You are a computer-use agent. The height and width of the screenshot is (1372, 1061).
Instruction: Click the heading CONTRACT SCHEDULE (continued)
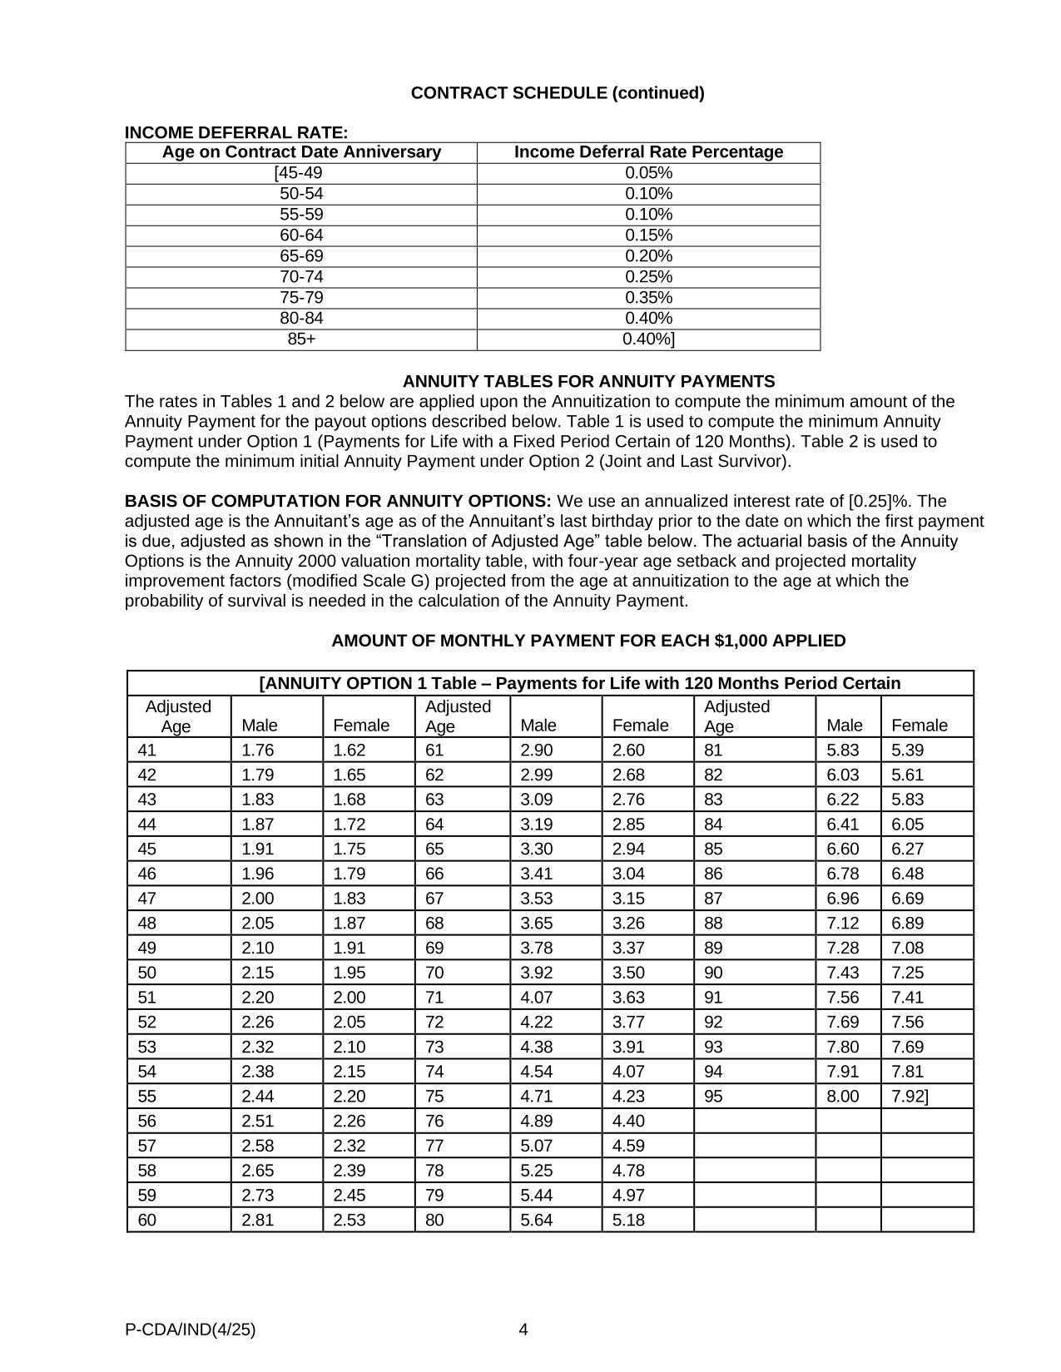pyautogui.click(x=557, y=93)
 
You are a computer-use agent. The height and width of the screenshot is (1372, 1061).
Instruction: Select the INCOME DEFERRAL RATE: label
pyautogui.click(x=236, y=132)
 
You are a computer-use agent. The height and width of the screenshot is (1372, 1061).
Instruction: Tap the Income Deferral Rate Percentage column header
pyautogui.click(x=648, y=152)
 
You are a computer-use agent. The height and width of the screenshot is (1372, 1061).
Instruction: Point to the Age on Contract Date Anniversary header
pyautogui.click(x=301, y=152)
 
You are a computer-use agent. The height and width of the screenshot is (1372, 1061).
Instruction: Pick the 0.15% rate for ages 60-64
pyautogui.click(x=648, y=235)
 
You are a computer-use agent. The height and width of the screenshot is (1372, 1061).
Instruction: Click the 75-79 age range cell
pyautogui.click(x=301, y=298)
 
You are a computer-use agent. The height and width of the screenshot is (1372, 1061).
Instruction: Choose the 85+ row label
pyautogui.click(x=301, y=339)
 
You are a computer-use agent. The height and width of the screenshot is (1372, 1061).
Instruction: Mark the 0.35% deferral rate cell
pyautogui.click(x=648, y=298)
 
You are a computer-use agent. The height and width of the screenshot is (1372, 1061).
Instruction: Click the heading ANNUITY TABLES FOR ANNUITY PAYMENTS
pyautogui.click(x=588, y=382)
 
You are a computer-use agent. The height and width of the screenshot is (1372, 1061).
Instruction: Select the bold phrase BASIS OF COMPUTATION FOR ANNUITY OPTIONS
pyautogui.click(x=338, y=502)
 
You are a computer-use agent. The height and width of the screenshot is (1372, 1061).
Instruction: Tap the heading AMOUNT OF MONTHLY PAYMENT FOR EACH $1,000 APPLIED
pyautogui.click(x=588, y=641)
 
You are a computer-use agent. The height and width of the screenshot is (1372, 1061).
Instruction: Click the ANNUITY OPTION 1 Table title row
pyautogui.click(x=579, y=684)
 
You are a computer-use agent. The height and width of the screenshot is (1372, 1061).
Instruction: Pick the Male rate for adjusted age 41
pyautogui.click(x=257, y=750)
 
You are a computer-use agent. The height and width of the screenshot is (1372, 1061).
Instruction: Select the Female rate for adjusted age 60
pyautogui.click(x=350, y=1221)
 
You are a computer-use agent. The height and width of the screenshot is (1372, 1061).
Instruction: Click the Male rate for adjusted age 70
pyautogui.click(x=536, y=973)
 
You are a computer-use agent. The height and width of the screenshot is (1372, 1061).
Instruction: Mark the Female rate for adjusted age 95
pyautogui.click(x=909, y=1097)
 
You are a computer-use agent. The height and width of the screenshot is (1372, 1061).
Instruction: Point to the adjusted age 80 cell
pyautogui.click(x=434, y=1221)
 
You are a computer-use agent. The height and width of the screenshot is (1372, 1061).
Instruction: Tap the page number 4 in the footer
pyautogui.click(x=523, y=1330)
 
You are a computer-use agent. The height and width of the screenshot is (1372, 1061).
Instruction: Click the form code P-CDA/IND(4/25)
pyautogui.click(x=191, y=1330)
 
